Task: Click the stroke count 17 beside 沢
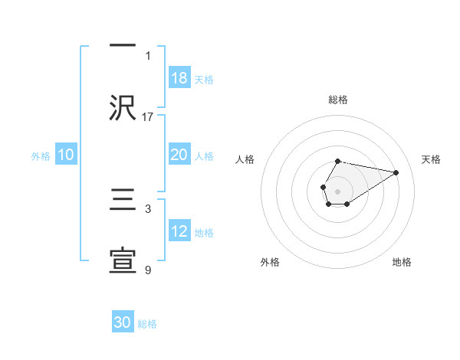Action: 148,116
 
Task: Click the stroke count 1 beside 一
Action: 148,56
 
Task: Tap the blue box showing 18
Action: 179,77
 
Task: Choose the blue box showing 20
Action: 179,155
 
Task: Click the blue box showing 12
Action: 179,231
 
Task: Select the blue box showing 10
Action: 66,155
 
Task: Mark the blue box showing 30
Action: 123,322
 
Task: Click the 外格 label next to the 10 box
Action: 41,155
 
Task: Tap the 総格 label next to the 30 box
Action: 147,324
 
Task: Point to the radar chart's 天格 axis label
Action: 431,159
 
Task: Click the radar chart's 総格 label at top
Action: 337,100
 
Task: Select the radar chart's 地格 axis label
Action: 402,262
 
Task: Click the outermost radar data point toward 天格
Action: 396,172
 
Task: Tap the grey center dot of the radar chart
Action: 337,190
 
